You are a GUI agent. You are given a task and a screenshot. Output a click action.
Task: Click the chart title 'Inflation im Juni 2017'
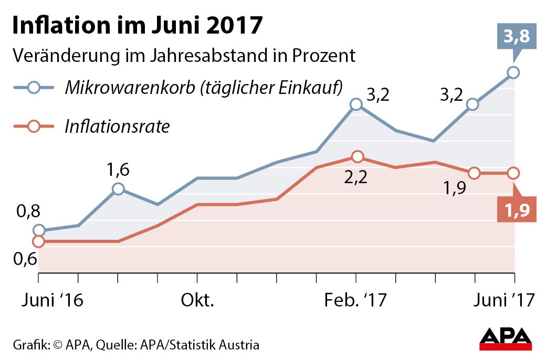[136, 26]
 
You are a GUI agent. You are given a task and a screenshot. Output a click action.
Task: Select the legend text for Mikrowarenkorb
[204, 88]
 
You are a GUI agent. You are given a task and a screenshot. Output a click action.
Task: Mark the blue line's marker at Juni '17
[513, 72]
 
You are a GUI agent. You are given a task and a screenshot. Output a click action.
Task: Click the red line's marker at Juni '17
[513, 173]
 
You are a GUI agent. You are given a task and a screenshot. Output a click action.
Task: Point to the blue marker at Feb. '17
[356, 104]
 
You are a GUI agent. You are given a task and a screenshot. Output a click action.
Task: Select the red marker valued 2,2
[357, 156]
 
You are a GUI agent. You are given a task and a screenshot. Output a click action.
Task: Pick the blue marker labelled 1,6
[118, 189]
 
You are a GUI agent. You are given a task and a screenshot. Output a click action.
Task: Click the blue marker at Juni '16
[39, 230]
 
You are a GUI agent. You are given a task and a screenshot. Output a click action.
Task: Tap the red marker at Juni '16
[38, 241]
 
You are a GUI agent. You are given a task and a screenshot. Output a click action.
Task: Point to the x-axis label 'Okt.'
[198, 301]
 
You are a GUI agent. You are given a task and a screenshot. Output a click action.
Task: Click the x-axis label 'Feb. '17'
[355, 301]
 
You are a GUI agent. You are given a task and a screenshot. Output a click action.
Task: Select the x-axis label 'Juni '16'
[53, 301]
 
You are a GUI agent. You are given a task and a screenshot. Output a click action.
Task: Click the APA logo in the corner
[506, 340]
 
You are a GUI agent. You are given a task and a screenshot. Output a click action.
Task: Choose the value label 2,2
[356, 177]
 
